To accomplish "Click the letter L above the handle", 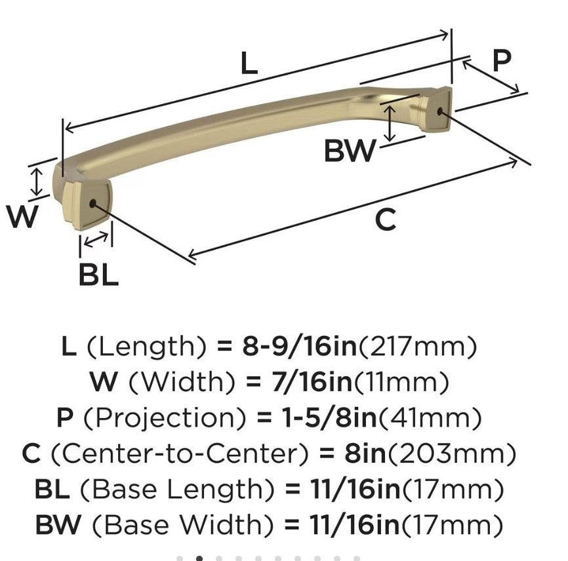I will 249,64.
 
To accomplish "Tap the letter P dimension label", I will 501,61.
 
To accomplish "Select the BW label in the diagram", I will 350,151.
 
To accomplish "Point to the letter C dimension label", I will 386,219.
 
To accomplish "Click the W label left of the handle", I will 22,216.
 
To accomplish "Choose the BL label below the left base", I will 98,275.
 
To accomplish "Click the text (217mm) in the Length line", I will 416,346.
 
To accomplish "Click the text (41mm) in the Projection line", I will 430,417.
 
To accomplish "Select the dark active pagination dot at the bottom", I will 199,558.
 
